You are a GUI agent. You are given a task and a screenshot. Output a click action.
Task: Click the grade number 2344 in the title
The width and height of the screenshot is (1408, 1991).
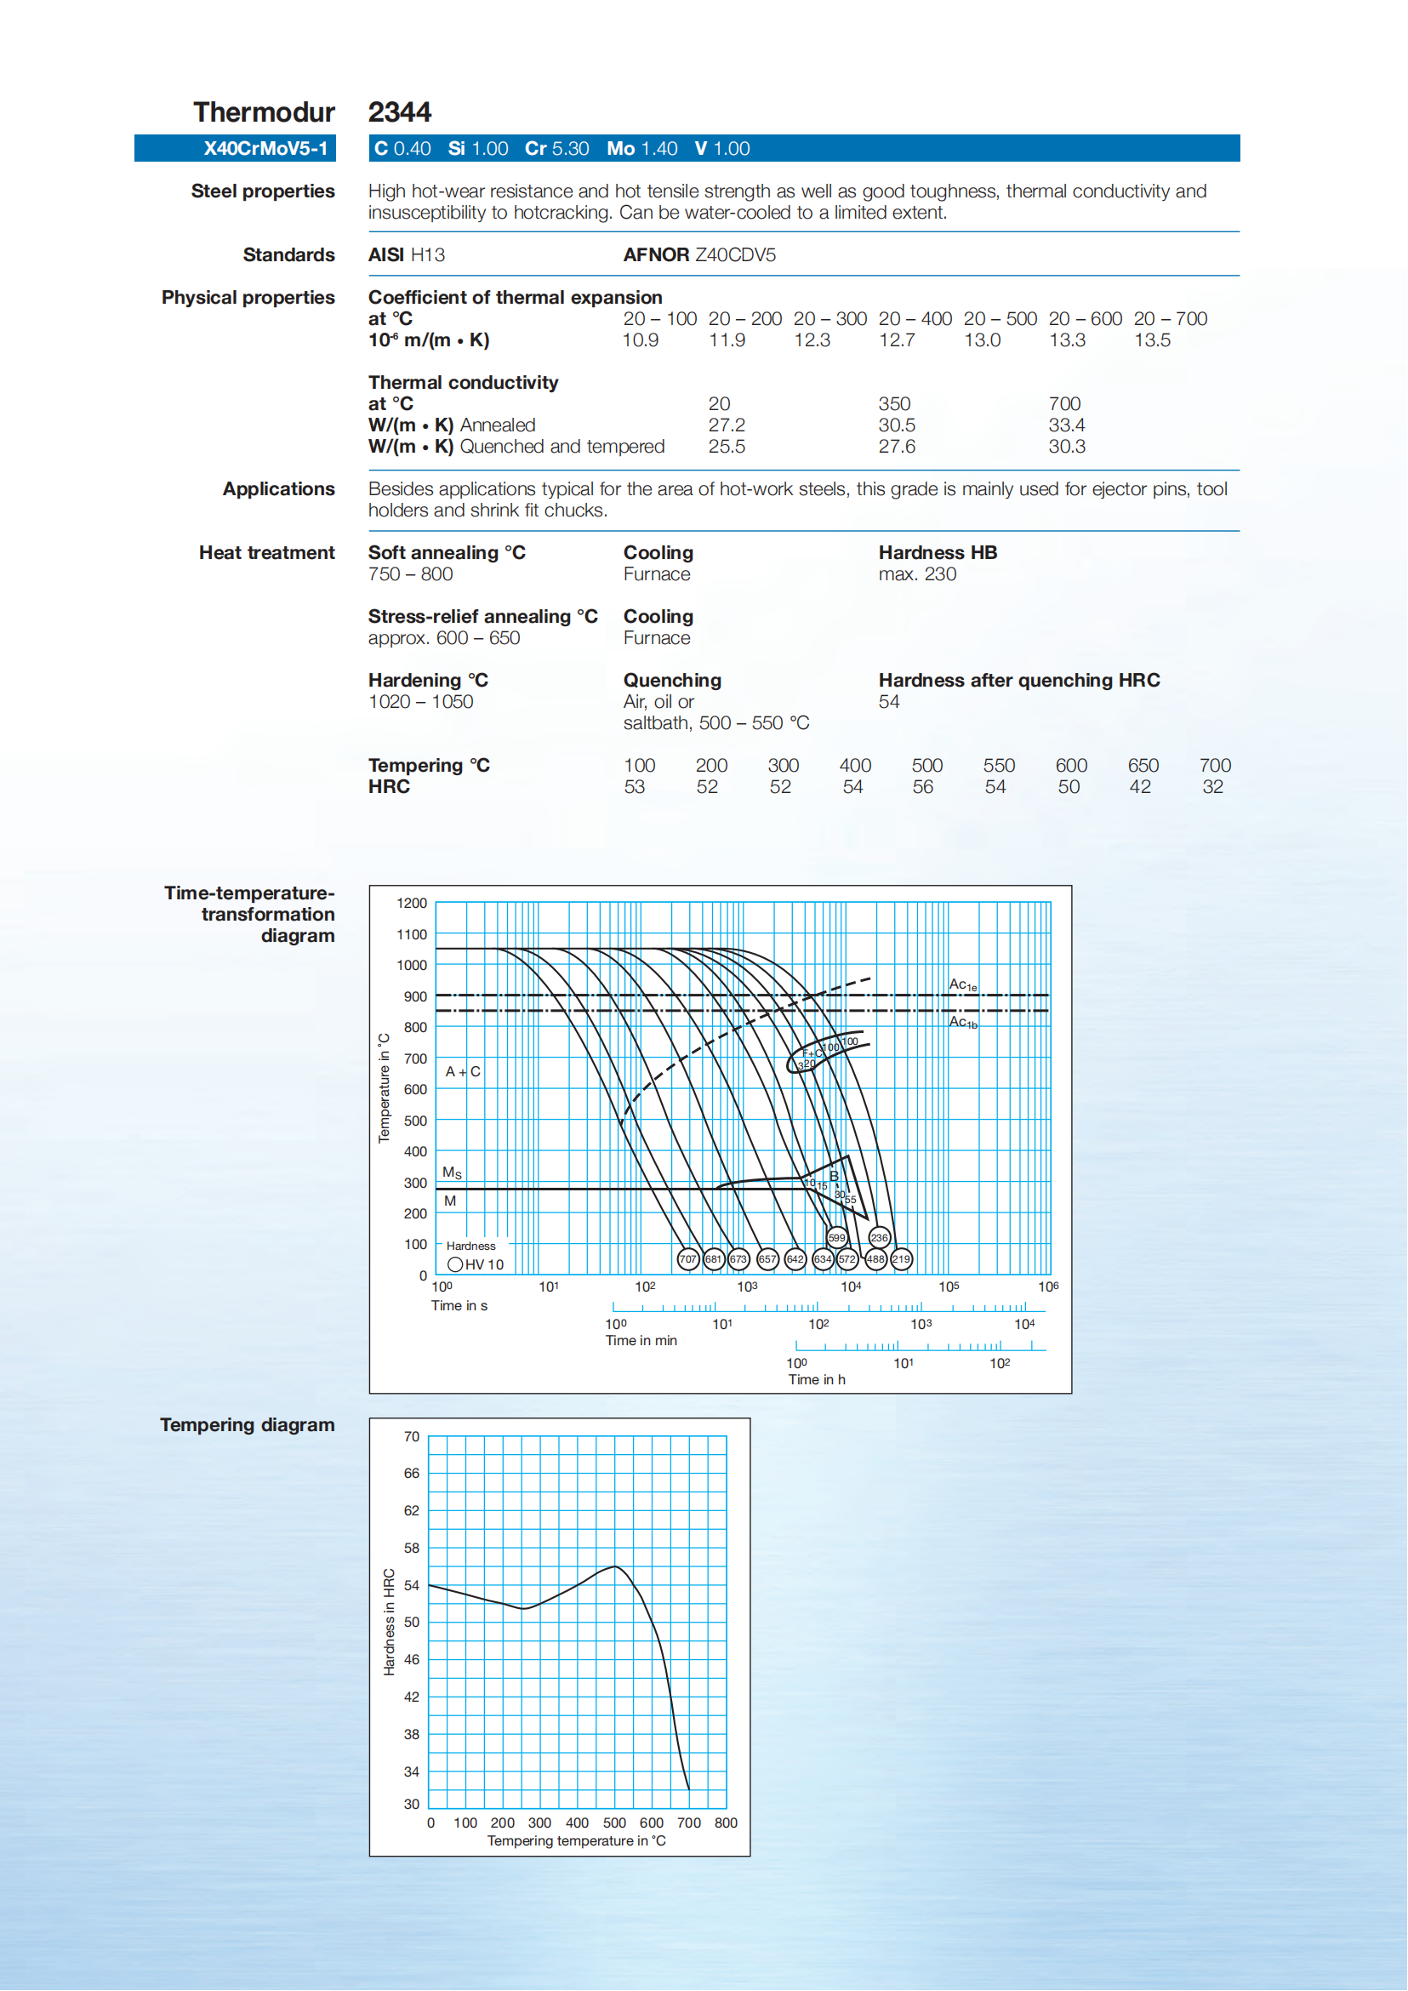(400, 112)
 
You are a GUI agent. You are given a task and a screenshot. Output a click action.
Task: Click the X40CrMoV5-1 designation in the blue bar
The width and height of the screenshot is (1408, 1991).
(265, 148)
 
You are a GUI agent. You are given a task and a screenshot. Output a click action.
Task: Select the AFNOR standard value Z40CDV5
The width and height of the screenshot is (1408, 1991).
(735, 255)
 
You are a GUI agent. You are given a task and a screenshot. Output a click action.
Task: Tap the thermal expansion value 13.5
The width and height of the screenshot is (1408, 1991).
(1152, 341)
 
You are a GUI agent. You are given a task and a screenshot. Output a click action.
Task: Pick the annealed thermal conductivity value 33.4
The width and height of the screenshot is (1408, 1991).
(1066, 425)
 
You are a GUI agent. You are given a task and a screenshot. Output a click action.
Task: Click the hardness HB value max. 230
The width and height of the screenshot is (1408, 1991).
(917, 575)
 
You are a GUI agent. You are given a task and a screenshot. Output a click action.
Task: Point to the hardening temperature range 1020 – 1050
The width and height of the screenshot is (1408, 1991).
(420, 703)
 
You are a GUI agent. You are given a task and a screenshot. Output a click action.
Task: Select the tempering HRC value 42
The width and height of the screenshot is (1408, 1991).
(1140, 787)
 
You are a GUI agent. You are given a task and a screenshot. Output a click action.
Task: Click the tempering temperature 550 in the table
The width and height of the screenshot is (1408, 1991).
(999, 766)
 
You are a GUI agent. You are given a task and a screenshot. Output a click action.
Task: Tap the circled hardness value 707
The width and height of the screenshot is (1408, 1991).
(688, 1259)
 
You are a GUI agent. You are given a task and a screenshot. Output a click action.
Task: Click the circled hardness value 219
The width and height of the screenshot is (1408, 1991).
(902, 1259)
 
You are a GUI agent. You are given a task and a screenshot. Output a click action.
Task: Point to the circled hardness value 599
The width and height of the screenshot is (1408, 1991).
(836, 1238)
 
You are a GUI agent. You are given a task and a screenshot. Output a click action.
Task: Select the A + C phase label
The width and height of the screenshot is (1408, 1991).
(463, 1073)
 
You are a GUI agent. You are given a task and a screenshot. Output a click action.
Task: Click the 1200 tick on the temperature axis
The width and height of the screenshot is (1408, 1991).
(412, 904)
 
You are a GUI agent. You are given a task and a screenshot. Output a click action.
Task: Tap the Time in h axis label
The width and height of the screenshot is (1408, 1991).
(817, 1379)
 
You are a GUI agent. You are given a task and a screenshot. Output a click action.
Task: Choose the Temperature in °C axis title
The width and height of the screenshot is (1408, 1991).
(384, 1088)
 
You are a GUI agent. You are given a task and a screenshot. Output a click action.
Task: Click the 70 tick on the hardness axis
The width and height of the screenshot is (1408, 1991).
(411, 1437)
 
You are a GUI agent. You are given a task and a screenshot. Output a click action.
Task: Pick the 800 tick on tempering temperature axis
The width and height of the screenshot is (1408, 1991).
(726, 1823)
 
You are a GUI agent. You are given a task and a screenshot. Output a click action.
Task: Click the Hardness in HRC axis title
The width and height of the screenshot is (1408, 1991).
(390, 1622)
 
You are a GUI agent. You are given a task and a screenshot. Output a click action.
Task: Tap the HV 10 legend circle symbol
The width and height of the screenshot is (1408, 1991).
(455, 1265)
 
